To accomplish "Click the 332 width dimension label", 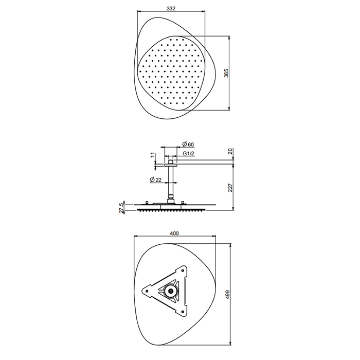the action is (171, 8).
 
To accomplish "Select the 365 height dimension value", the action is (226, 73).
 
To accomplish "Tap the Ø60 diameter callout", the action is (188, 144).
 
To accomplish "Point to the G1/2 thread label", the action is (189, 154).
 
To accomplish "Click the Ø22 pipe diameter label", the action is (156, 180).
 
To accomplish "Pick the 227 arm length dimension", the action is (230, 187).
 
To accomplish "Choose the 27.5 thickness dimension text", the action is (121, 208).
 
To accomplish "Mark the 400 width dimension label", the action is (174, 233).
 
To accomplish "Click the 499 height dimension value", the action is (227, 294).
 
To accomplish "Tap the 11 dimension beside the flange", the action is (153, 155).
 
